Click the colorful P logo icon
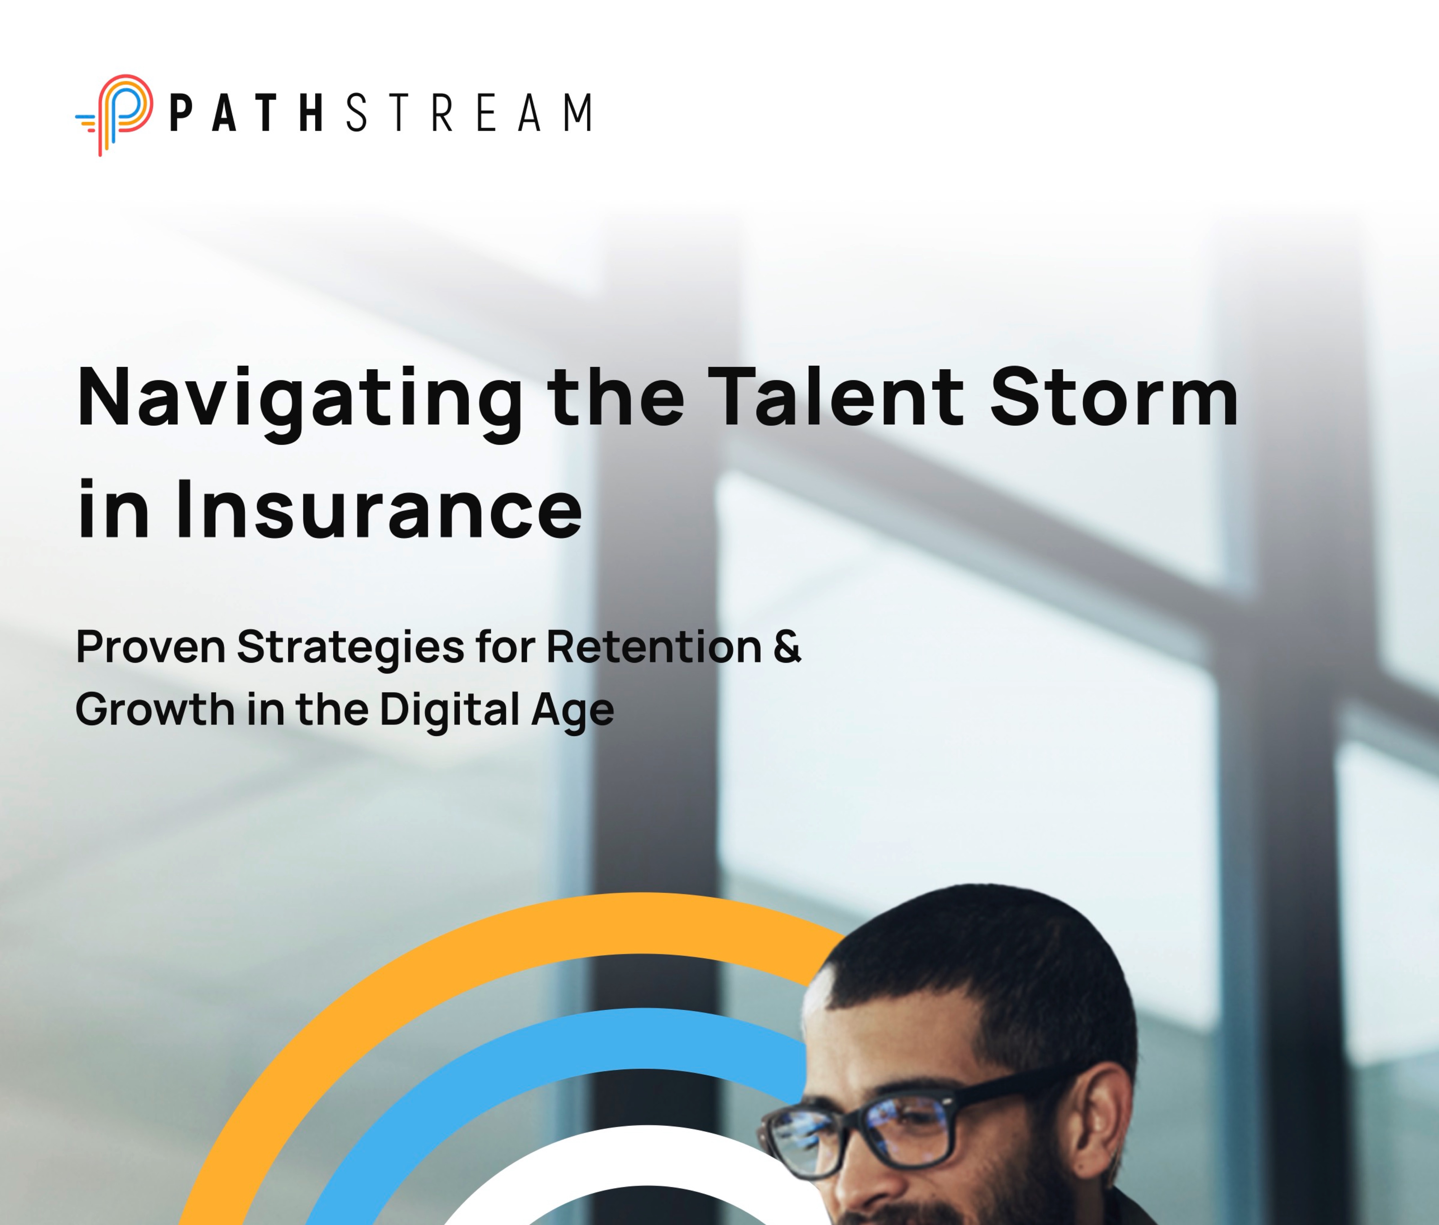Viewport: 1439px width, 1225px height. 115,115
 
